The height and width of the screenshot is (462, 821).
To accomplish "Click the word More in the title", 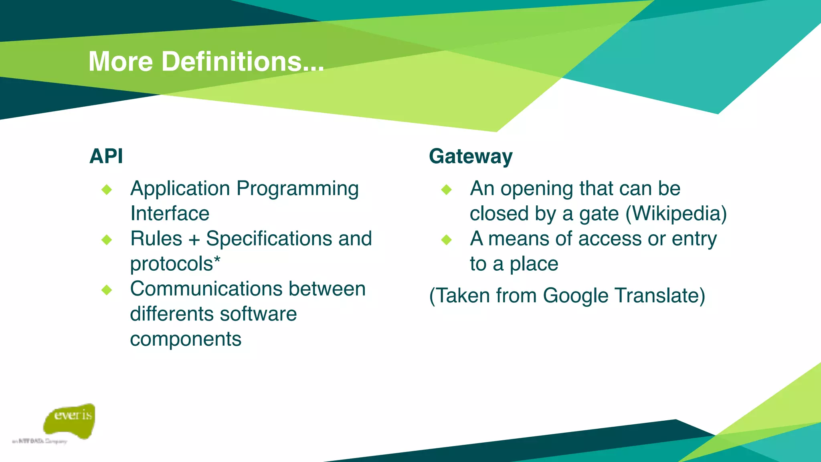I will coord(121,62).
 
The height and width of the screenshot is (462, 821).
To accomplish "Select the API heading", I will coord(106,156).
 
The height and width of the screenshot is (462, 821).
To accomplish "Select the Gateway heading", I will coord(471,156).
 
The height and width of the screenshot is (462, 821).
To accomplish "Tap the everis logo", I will coord(70,421).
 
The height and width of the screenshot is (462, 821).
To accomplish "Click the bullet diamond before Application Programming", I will coord(107,189).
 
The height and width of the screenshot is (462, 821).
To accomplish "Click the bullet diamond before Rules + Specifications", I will coord(107,240).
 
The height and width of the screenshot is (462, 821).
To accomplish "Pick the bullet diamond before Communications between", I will coord(107,290).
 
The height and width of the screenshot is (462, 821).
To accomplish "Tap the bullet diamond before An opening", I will coord(446,189).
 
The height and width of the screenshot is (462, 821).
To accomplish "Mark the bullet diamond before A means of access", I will coord(446,240).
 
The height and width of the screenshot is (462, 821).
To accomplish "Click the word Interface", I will coord(170,213).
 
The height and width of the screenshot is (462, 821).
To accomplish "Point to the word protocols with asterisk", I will coord(175,264).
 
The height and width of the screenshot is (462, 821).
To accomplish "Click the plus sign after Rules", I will coord(194,239).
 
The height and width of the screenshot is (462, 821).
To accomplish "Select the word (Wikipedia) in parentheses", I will coord(676,214).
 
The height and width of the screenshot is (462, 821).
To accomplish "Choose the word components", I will coord(186,339).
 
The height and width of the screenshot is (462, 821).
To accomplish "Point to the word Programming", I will coord(297,189).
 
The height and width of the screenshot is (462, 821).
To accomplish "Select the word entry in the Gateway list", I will coord(694,239).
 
